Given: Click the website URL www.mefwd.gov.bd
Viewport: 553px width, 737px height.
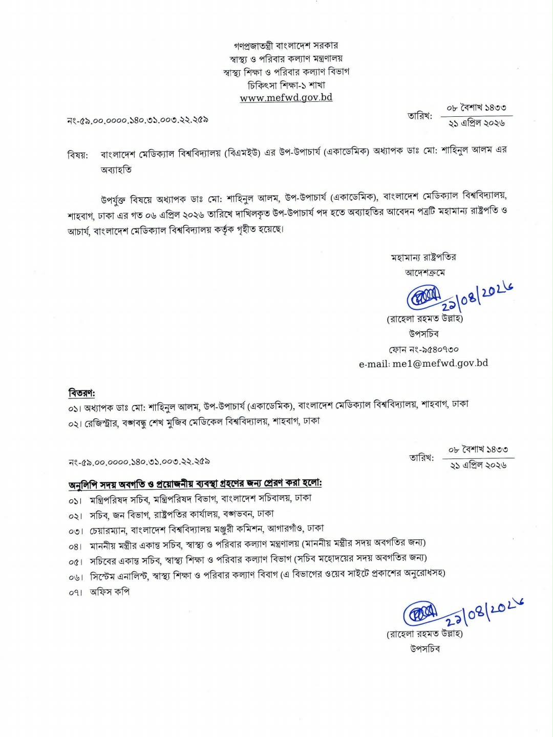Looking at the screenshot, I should click(286, 98).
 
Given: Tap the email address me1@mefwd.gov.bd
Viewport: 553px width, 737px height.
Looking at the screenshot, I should click(423, 364).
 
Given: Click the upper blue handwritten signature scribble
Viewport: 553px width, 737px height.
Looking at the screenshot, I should click(423, 297).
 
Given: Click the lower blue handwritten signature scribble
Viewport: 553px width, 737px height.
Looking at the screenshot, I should click(420, 614).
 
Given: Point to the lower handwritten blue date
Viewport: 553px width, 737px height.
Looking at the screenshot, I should click(483, 613).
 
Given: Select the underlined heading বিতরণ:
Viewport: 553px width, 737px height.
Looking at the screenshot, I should click(81, 393).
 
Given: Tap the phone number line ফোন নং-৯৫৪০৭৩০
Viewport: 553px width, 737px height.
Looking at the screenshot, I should click(423, 349).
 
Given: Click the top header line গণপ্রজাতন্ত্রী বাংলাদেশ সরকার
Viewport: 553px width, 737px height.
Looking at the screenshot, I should click(286, 46).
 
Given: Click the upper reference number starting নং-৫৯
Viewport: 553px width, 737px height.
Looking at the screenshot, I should click(137, 120).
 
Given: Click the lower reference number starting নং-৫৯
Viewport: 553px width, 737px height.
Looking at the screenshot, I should click(139, 462).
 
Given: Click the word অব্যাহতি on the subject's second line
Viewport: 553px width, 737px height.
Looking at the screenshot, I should click(116, 170).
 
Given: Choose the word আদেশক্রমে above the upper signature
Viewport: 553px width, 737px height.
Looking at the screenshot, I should click(424, 272).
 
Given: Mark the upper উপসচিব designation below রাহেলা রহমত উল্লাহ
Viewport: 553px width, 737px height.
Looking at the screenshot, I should click(424, 333).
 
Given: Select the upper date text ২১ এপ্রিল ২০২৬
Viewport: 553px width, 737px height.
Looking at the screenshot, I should click(477, 123).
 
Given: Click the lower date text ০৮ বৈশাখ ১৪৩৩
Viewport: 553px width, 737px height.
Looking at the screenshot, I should click(478, 450).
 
